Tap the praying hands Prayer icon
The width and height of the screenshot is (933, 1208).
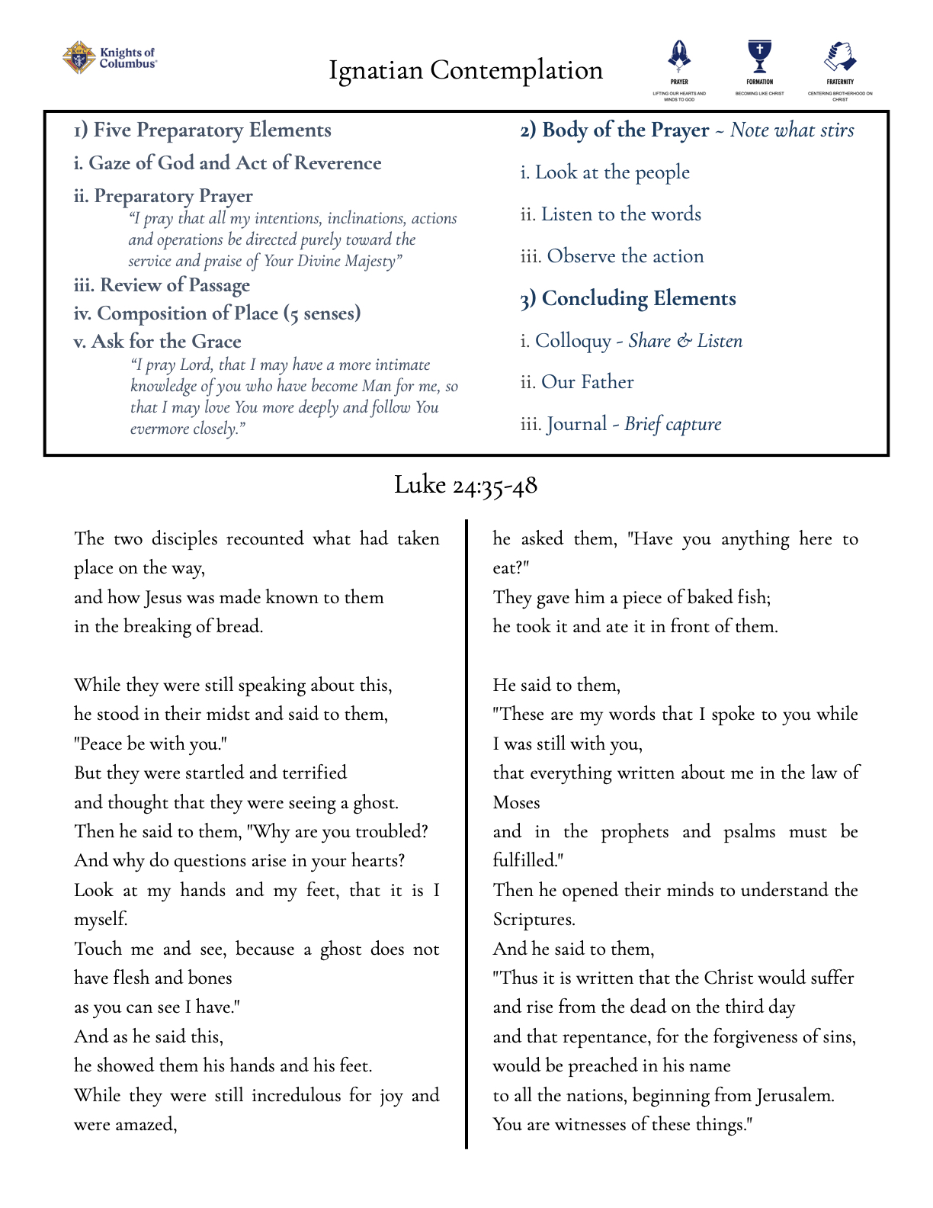click(679, 56)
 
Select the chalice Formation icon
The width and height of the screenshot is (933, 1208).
click(759, 56)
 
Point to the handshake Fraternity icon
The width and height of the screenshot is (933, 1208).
click(840, 56)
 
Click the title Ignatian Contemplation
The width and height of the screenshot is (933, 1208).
click(466, 70)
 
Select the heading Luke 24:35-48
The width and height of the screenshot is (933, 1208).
click(466, 485)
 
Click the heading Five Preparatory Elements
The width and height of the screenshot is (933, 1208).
click(203, 130)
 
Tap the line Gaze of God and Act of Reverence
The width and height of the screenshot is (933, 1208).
click(228, 163)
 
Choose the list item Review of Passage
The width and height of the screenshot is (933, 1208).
click(162, 285)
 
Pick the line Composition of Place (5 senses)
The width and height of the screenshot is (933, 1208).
click(217, 313)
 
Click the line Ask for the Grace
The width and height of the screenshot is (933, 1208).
click(158, 342)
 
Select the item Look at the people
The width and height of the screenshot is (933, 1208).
click(605, 172)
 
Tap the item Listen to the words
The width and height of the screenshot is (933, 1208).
click(611, 214)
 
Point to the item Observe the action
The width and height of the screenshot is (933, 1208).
click(612, 256)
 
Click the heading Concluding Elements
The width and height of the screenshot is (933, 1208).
click(628, 298)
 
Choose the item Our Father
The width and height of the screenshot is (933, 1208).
click(577, 382)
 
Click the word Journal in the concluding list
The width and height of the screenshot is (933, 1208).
click(576, 424)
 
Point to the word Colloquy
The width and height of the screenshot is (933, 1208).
click(573, 341)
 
